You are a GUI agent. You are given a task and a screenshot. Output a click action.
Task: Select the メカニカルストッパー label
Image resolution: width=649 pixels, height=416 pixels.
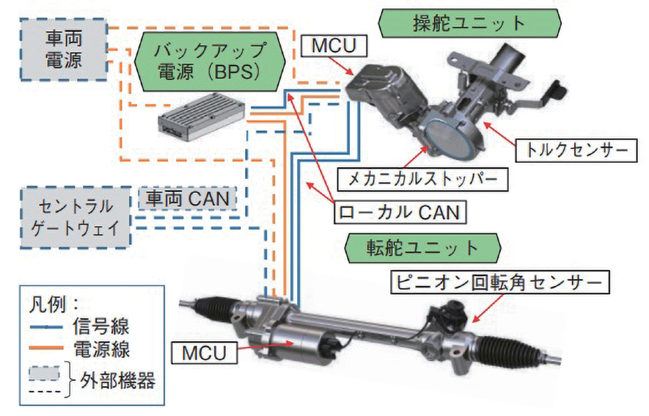coord(422,178)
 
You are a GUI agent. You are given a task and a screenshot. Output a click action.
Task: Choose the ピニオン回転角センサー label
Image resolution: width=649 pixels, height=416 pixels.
coord(499,282)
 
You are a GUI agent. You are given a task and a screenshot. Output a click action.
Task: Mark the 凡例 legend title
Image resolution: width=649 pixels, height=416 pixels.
coord(51,301)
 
